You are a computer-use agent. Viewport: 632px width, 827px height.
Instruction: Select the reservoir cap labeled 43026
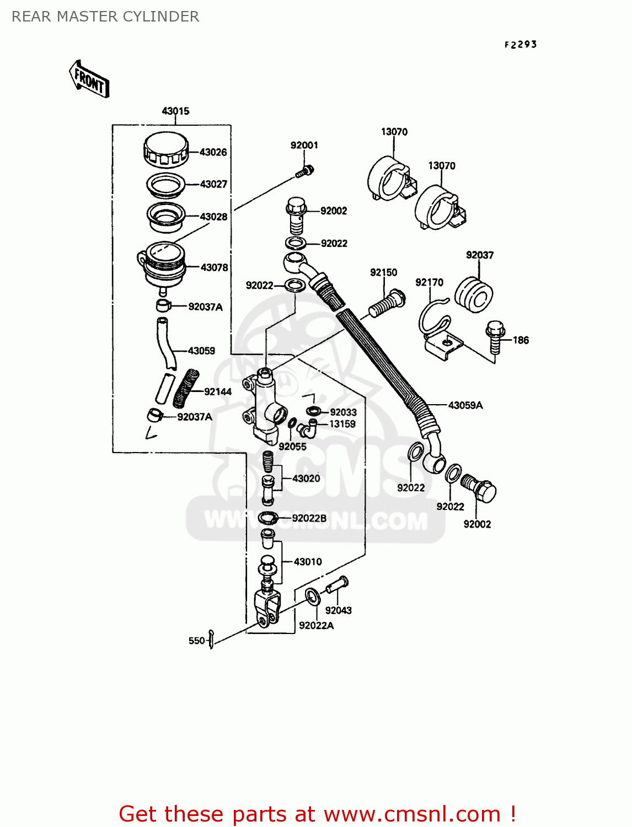pyautogui.click(x=165, y=149)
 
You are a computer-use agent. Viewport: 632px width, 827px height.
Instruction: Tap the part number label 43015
pyautogui.click(x=175, y=111)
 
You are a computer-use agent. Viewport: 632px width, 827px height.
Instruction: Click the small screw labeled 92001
pyautogui.click(x=304, y=171)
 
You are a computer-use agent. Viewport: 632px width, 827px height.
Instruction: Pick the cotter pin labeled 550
pyautogui.click(x=211, y=640)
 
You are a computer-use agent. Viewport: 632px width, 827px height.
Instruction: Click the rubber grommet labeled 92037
pyautogui.click(x=474, y=294)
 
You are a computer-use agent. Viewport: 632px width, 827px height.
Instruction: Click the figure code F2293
pyautogui.click(x=520, y=45)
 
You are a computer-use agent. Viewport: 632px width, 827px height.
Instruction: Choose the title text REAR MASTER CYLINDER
pyautogui.click(x=105, y=17)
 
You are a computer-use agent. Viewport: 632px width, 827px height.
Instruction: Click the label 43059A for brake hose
pyautogui.click(x=465, y=405)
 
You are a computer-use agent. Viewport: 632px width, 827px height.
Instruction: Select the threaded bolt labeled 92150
pyautogui.click(x=386, y=303)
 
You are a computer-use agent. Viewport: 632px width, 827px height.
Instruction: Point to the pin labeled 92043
pyautogui.click(x=336, y=584)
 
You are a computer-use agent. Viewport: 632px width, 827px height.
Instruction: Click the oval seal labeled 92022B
pyautogui.click(x=269, y=518)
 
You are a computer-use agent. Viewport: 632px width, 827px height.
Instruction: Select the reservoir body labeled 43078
pyautogui.click(x=162, y=265)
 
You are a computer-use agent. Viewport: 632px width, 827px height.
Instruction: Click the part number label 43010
pyautogui.click(x=307, y=562)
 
